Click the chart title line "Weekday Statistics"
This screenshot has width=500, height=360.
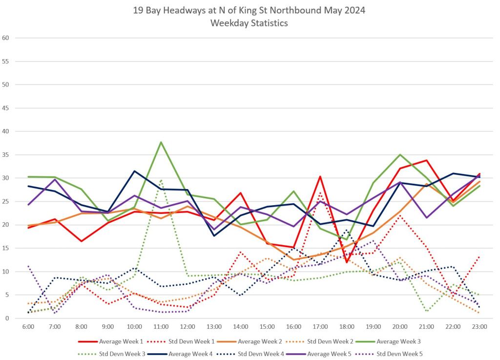(x=249, y=23)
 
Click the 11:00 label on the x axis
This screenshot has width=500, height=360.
(x=161, y=327)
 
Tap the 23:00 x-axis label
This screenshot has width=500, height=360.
(x=479, y=327)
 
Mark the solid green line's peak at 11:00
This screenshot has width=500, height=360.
(x=161, y=142)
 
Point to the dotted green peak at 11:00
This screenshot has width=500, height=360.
(x=161, y=180)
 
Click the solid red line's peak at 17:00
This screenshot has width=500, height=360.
(x=319, y=176)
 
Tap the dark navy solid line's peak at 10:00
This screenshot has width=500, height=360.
(x=134, y=171)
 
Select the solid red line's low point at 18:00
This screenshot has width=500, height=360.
(x=346, y=262)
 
